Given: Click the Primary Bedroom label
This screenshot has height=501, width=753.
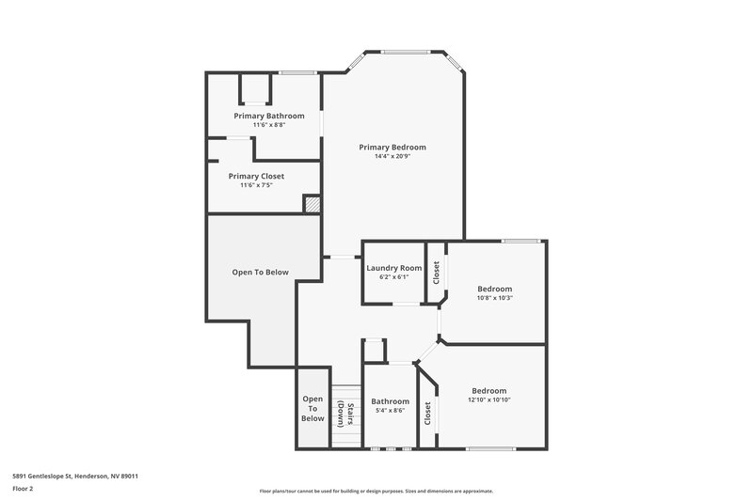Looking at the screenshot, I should pyautogui.click(x=393, y=147).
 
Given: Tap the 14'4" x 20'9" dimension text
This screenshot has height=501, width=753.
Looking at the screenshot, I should pyautogui.click(x=393, y=156).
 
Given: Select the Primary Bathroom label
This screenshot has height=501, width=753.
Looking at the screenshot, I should pyautogui.click(x=269, y=116).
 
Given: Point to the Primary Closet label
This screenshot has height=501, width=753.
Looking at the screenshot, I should pyautogui.click(x=256, y=176).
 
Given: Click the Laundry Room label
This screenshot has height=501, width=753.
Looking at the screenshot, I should pyautogui.click(x=393, y=268).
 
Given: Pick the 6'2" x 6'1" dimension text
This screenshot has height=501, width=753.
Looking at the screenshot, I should pyautogui.click(x=393, y=277).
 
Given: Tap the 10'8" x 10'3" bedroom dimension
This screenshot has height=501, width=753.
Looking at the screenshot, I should pyautogui.click(x=494, y=298).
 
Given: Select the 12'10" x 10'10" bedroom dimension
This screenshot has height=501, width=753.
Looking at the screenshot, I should pyautogui.click(x=489, y=399).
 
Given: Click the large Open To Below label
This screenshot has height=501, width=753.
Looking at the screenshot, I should pyautogui.click(x=261, y=273).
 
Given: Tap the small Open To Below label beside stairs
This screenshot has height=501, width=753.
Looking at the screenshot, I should pyautogui.click(x=312, y=409).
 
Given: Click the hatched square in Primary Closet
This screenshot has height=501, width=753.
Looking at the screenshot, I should pyautogui.click(x=312, y=203).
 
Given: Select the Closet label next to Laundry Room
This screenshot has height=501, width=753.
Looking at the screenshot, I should pyautogui.click(x=436, y=273).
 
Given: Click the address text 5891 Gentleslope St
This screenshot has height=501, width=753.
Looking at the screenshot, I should pyautogui.click(x=76, y=476).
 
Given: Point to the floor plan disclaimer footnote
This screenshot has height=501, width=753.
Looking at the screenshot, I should pyautogui.click(x=376, y=491).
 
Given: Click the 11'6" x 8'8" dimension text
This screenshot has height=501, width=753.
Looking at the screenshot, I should pyautogui.click(x=269, y=125).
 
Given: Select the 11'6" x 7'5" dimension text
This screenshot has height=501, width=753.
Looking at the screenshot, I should pyautogui.click(x=256, y=185).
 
